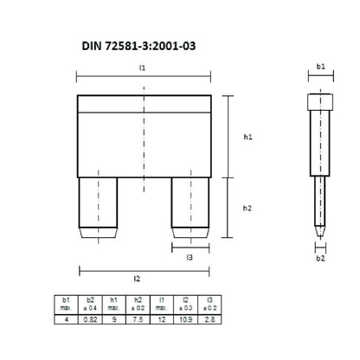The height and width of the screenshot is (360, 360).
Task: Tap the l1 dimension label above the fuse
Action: pyautogui.click(x=144, y=67)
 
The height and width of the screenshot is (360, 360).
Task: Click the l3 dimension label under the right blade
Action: pyautogui.click(x=190, y=256)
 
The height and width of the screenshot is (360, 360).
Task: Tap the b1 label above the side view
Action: pyautogui.click(x=319, y=66)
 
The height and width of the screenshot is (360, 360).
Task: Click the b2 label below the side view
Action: pyautogui.click(x=319, y=257)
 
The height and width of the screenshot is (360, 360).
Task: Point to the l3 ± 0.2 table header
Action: pyautogui.click(x=208, y=305)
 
